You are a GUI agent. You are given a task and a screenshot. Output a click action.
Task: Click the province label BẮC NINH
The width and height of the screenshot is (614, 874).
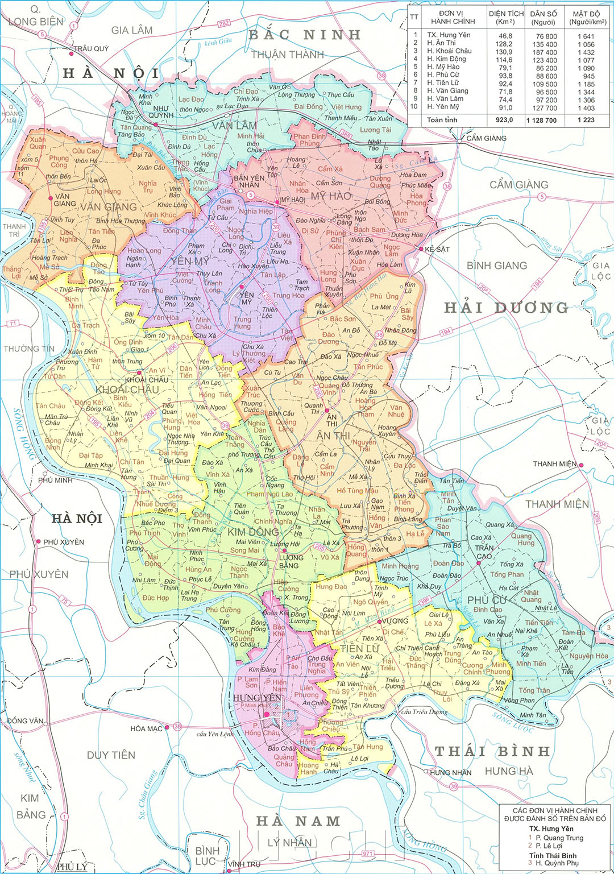coord(305,35)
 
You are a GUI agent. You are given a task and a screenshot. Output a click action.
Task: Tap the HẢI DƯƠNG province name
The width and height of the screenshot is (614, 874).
coord(506,308)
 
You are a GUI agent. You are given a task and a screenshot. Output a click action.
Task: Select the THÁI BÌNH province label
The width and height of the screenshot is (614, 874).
coord(492,751)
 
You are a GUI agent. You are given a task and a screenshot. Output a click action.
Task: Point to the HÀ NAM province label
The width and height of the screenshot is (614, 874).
coord(298,821)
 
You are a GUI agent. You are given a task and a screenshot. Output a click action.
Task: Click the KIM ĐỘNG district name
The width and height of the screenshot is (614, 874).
coord(253,532)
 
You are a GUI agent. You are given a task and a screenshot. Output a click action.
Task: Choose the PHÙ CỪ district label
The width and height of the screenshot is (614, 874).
coord(487,600)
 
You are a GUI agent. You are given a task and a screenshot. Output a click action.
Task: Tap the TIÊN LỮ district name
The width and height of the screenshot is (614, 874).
coord(359,648)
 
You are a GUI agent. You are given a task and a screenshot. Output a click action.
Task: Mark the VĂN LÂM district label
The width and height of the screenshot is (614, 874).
coord(234,125)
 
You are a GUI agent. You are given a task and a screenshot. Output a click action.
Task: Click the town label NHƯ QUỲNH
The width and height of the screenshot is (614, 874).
coord(161,111)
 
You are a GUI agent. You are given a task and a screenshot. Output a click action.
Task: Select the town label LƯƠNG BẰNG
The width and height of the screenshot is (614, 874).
coord(291,562)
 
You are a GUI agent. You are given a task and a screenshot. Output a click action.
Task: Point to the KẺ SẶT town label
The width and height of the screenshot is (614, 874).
coord(437,249)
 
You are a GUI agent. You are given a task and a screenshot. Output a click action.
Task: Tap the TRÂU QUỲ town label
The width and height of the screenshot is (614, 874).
coord(91,49)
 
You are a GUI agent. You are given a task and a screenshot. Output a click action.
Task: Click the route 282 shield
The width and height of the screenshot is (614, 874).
coord(224,23)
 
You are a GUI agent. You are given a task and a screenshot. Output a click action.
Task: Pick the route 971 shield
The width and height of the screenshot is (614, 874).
coord(368,854)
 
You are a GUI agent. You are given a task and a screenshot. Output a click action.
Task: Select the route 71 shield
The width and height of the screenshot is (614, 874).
coord(13,324)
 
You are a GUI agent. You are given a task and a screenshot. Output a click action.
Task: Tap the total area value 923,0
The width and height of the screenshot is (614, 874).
coord(504,120)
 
